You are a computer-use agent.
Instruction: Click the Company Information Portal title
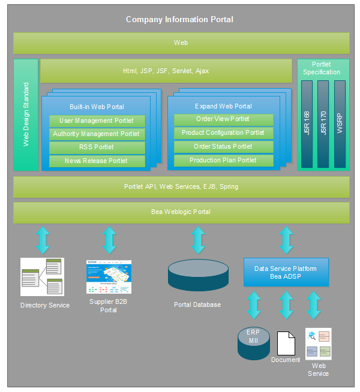179,19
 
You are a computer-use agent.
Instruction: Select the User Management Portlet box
97,120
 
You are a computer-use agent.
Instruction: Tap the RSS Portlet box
97,147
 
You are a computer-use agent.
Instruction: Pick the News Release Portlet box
97,161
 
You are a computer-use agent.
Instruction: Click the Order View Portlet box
223,119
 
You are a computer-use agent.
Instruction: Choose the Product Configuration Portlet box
223,133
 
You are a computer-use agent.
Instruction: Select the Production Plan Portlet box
223,160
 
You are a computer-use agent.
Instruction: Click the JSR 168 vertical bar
307,123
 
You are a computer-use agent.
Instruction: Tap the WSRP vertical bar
340,123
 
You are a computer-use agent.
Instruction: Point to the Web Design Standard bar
26,114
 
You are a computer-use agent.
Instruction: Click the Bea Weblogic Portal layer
181,212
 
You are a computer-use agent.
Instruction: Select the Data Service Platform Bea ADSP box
286,272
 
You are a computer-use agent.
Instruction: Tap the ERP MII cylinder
253,343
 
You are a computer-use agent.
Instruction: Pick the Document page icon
286,342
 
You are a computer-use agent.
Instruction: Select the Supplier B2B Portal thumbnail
109,276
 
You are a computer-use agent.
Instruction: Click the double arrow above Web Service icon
314,305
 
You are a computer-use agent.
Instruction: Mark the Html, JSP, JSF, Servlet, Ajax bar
166,71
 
